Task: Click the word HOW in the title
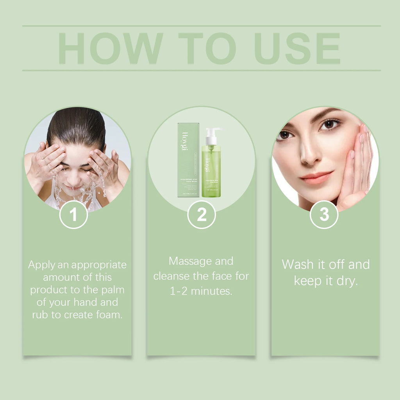pos(111,48)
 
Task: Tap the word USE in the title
pos(297,48)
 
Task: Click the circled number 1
pos(73,214)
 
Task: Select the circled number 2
pos(202,214)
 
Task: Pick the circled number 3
pos(324,214)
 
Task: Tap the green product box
pos(188,160)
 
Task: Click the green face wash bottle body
pos(211,172)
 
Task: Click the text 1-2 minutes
pos(201,291)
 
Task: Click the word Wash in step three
pos(297,264)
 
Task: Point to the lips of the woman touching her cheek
pos(316,177)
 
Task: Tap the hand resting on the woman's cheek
pos(357,164)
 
